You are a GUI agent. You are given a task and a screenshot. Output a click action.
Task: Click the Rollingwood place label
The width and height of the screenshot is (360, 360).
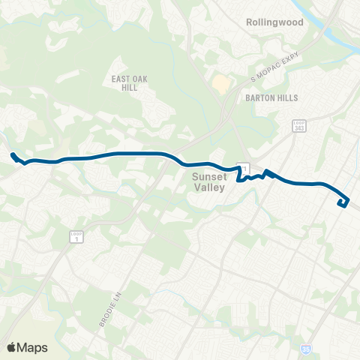click(274, 22)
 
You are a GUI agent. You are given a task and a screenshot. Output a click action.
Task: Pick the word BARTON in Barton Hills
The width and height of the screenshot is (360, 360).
click(259, 98)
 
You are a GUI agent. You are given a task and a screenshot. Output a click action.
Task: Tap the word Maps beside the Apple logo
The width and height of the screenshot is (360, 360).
click(33, 347)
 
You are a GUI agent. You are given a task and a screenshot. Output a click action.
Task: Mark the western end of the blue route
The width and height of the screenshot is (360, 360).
click(13, 155)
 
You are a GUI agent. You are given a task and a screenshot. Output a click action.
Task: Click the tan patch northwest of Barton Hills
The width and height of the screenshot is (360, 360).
click(220, 84)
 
